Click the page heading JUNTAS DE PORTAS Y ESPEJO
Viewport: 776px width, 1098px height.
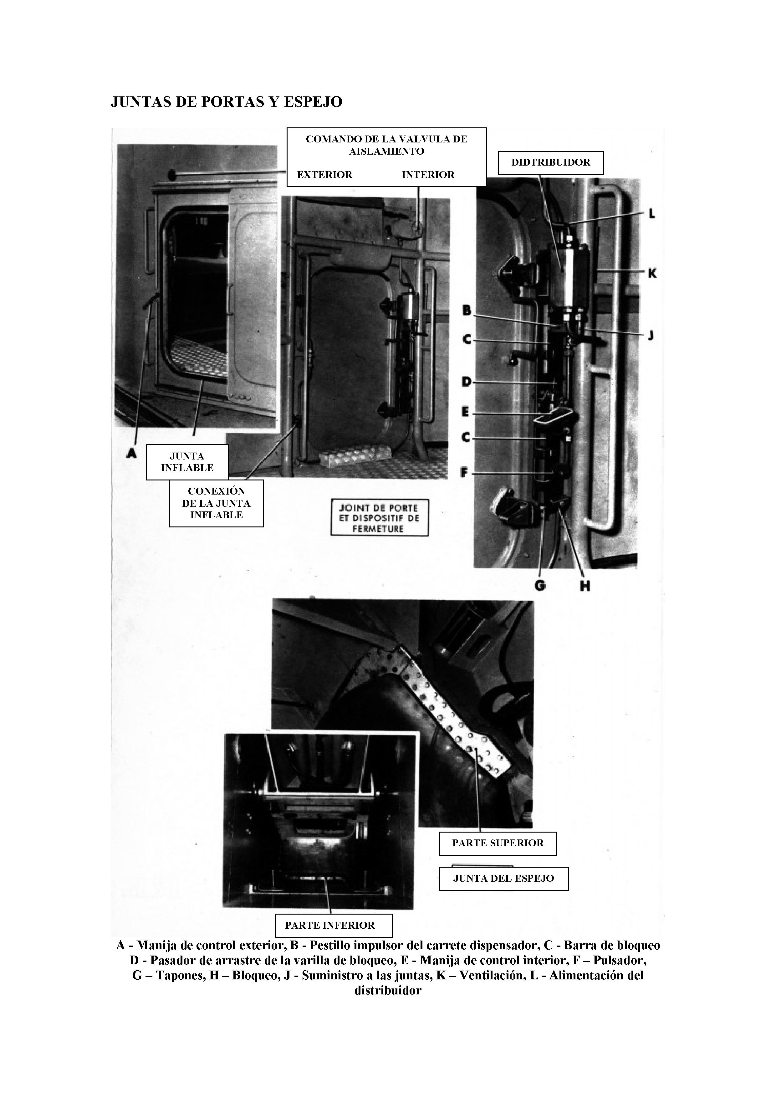226,102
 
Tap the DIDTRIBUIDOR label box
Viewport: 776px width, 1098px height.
550,162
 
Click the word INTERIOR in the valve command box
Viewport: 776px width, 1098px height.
428,175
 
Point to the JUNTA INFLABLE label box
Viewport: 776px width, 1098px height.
187,462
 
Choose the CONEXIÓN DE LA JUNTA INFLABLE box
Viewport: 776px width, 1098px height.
216,503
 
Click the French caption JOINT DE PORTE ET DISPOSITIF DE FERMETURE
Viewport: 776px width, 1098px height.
379,518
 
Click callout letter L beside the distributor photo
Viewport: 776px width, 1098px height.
651,214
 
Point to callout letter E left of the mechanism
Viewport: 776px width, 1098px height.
465,412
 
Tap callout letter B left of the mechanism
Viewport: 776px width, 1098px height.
466,311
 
